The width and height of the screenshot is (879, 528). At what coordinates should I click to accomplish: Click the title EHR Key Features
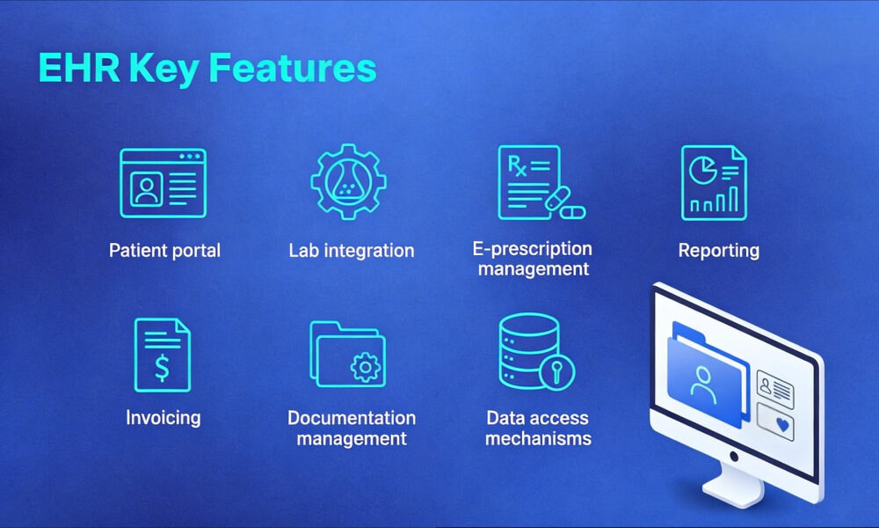[x=207, y=69]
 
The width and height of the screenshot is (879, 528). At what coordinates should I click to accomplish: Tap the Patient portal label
[x=164, y=251]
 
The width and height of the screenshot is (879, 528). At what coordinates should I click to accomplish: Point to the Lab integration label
[x=351, y=251]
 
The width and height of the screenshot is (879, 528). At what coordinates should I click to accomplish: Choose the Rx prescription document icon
[x=530, y=181]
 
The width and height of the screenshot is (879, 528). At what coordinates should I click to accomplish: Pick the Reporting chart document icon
[x=714, y=182]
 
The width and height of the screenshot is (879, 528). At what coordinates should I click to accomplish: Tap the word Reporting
[x=718, y=251]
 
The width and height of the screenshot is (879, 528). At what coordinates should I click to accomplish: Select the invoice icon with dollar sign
[x=163, y=355]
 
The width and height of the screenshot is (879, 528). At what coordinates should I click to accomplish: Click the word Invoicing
[x=163, y=417]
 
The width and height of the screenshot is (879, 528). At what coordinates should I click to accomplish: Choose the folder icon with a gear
[x=347, y=355]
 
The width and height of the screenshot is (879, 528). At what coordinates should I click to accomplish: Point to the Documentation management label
[x=352, y=428]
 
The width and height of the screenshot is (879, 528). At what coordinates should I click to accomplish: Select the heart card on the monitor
[x=775, y=423]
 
